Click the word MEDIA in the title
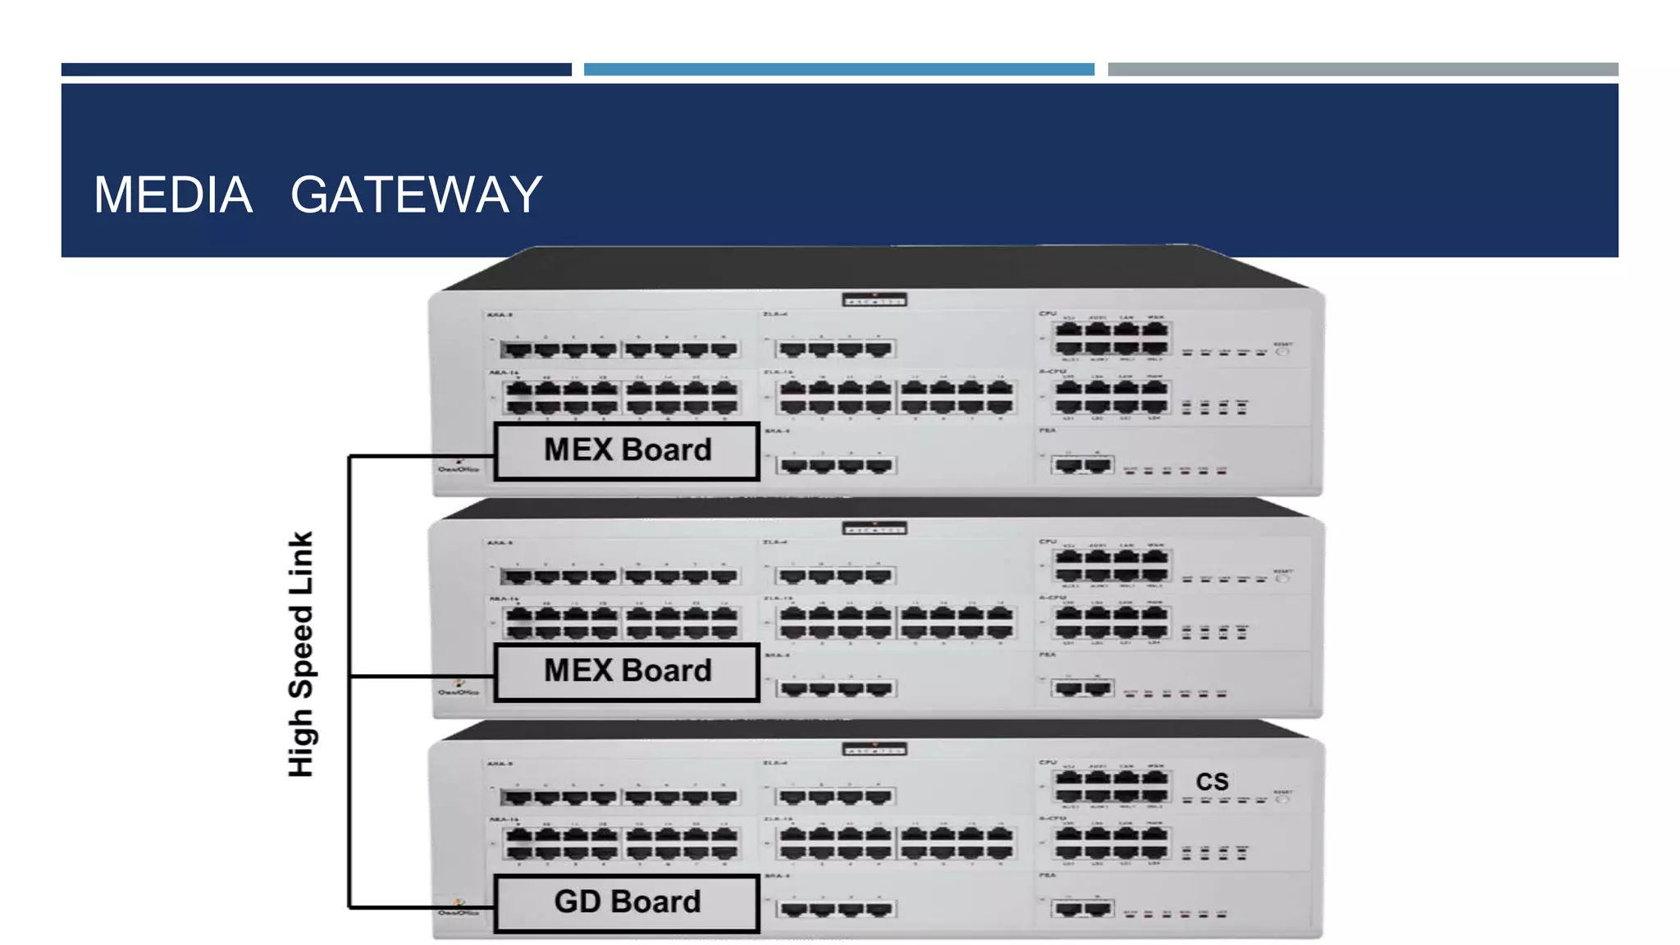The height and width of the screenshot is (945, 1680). point(173,195)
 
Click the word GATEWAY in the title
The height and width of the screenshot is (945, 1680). point(416,195)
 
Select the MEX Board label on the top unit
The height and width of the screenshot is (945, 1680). point(627,450)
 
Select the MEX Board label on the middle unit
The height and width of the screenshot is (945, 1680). point(627,671)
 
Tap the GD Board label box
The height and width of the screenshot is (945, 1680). point(627,902)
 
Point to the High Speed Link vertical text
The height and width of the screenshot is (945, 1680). point(301,654)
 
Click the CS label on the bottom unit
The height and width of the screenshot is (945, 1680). point(1212,782)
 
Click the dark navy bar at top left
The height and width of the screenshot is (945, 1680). point(316,70)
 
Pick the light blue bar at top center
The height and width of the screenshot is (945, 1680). point(838,70)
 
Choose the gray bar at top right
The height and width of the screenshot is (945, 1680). point(1363,70)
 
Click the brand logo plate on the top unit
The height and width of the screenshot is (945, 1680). point(874,300)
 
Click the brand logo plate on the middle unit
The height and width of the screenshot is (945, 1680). point(874,528)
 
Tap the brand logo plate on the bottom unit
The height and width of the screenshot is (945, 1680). point(874,749)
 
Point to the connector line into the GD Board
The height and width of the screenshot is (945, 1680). point(422,907)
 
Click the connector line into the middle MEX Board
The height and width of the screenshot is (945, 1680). point(422,676)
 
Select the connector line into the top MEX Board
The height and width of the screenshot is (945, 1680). point(422,456)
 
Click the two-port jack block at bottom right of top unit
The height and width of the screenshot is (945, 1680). point(1083,466)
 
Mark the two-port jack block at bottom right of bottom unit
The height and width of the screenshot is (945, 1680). point(1083,909)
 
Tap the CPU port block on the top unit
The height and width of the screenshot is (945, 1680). point(1112,337)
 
